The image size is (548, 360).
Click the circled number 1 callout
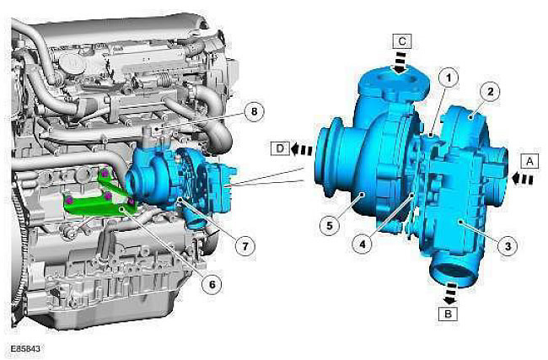point(448,78)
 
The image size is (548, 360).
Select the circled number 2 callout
point(490,92)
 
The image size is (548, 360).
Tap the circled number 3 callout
point(507,246)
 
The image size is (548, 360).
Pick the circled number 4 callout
point(362,244)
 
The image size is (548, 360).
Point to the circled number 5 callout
point(330,225)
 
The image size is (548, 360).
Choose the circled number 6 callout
point(212,285)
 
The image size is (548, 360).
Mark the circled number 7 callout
point(245,246)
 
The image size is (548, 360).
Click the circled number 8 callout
point(254,111)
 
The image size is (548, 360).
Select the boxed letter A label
point(529,162)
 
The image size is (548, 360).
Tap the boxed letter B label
point(448,314)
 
